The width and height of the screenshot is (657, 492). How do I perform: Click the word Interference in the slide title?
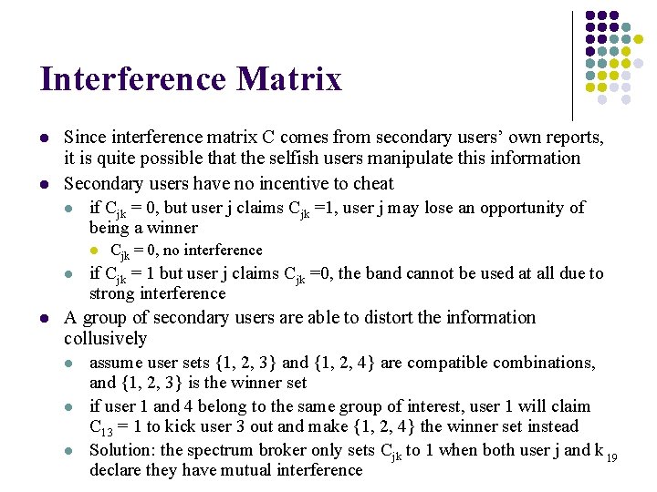[x=131, y=79]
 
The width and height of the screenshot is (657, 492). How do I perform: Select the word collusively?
[x=106, y=338]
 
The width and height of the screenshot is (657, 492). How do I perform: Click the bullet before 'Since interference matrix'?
[x=44, y=138]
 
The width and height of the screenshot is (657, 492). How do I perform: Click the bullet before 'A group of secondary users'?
[x=44, y=318]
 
